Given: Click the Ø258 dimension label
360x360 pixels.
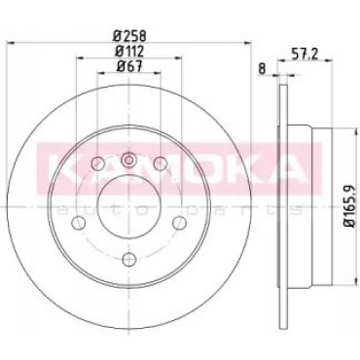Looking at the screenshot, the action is tap(129, 35).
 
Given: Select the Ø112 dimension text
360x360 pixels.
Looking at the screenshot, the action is tap(129, 52).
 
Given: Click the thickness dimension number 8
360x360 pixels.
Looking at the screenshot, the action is tap(263, 68).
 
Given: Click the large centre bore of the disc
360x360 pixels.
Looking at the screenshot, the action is tap(129, 206).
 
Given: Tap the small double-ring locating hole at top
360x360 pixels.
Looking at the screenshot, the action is tap(129, 160).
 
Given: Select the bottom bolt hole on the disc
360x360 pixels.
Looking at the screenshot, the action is tap(129, 259).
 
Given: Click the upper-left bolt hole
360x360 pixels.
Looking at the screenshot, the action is tap(97, 163).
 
